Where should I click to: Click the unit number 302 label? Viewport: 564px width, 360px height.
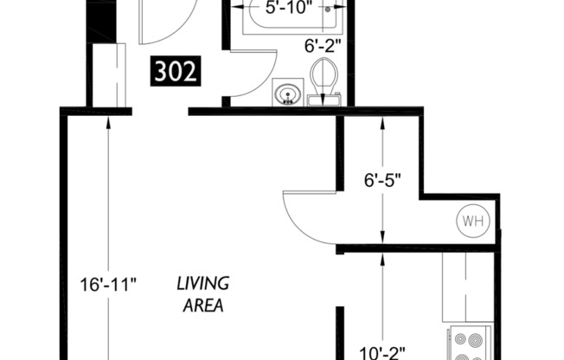point(176,71)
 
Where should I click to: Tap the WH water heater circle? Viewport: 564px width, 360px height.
point(472,222)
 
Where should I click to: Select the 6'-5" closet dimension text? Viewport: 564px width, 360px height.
point(381,183)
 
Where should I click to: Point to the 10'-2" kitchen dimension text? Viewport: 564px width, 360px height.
point(381,351)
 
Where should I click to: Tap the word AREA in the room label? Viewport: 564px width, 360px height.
point(202,305)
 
